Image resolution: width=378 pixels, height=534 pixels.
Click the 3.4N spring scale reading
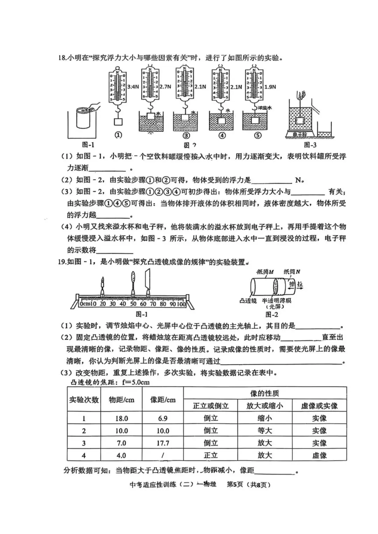[x=133, y=87]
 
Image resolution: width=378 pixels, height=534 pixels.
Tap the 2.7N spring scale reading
[x=165, y=87]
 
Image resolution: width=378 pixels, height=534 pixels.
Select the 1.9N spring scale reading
[x=270, y=87]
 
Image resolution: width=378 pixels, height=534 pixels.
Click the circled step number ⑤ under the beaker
[x=258, y=135]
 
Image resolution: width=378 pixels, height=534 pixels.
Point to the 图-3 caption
[x=310, y=145]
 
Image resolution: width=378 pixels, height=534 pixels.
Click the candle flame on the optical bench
[x=103, y=280]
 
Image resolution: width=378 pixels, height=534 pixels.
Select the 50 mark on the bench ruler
[x=133, y=304]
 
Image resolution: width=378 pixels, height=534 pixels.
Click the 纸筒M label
[x=265, y=272]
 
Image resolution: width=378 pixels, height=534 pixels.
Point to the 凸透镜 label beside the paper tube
[x=248, y=300]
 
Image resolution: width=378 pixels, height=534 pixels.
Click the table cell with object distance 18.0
[x=121, y=418]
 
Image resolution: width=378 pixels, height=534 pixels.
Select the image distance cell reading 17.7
[x=163, y=443]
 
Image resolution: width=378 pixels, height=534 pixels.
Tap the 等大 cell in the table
[x=265, y=430]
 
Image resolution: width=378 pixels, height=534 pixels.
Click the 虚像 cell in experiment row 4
[x=319, y=455]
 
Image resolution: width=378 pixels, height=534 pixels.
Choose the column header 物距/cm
[x=121, y=400]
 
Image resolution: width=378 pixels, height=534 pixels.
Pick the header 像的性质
[x=265, y=393]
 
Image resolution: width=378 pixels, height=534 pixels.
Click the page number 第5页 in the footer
[x=235, y=484]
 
